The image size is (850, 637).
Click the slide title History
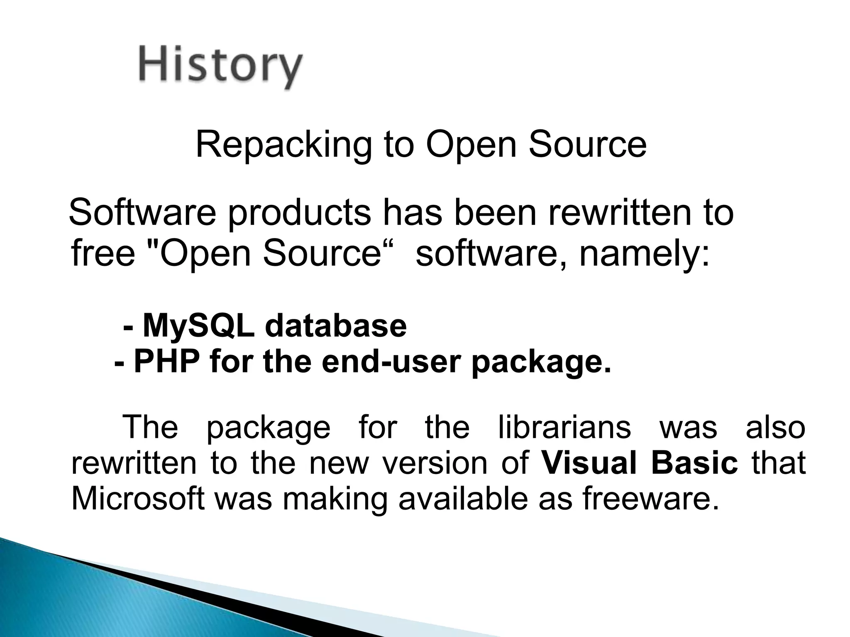coord(220,66)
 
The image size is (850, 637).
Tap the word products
coord(299,212)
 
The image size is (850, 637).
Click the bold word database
coord(335,326)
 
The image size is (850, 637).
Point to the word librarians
coord(564,427)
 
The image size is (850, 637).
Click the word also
coord(775,427)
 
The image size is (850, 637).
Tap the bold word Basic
coord(694,463)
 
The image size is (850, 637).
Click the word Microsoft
coord(138,498)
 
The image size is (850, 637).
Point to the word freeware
coord(650,498)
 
